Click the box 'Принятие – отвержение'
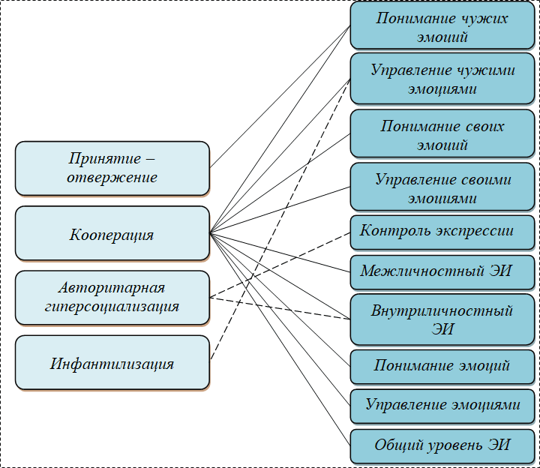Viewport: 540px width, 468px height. [112, 168]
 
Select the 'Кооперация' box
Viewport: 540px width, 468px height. [112, 234]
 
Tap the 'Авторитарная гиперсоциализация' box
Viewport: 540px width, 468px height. [112, 297]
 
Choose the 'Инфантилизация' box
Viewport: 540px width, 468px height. [112, 364]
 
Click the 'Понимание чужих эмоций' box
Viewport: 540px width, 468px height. [442, 27]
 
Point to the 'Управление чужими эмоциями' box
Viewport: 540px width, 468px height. [442, 79]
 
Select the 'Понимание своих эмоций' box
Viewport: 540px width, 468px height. [442, 135]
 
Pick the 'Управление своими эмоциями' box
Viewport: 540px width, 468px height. [442, 189]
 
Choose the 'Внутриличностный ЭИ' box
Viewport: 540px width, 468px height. [442, 319]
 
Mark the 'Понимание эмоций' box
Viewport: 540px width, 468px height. [442, 366]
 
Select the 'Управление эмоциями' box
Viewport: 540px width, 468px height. [442, 405]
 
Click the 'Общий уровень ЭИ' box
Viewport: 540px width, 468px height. [442, 445]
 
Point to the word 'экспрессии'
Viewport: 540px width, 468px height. [477, 230]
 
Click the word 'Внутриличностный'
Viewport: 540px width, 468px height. [442, 311]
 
